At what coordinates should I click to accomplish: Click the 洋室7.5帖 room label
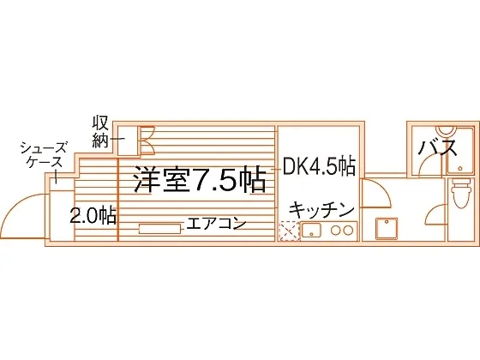point(200,180)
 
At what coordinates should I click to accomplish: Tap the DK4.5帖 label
point(319,167)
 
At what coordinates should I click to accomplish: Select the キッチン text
point(321,209)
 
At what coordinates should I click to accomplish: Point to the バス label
point(437,148)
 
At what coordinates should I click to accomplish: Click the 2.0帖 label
point(93,215)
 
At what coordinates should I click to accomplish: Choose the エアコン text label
point(217,223)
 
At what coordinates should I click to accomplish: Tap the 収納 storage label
point(100,135)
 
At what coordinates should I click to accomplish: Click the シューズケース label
point(44,155)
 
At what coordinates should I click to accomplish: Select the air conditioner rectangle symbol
point(159,229)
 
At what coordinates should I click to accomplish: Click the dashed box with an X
point(289,231)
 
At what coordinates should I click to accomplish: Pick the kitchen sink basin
point(311,230)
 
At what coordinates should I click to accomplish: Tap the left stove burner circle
point(336,231)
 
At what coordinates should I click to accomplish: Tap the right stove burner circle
point(348,231)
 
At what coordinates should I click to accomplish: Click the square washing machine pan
point(387,228)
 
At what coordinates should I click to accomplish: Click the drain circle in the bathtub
point(459,168)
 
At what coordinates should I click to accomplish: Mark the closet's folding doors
point(147,141)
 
